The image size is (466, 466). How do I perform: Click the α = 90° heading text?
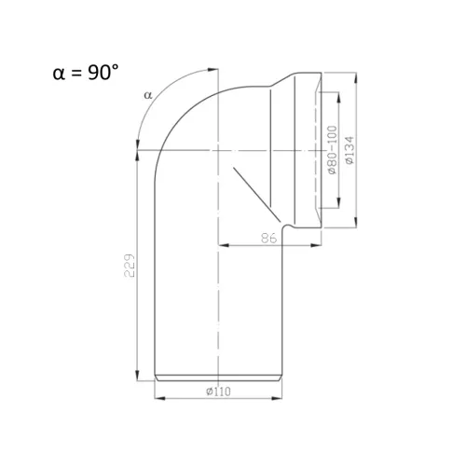[86, 73]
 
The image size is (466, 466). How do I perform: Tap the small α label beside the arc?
[148, 95]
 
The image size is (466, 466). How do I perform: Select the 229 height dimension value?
[130, 266]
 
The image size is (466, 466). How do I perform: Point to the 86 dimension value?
[268, 239]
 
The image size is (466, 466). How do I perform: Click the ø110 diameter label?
[218, 391]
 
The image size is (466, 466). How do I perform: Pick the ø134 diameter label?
[349, 150]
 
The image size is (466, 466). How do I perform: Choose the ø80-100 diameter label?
[332, 150]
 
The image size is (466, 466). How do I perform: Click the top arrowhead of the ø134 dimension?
[355, 77]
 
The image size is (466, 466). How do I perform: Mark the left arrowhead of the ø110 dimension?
[160, 398]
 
